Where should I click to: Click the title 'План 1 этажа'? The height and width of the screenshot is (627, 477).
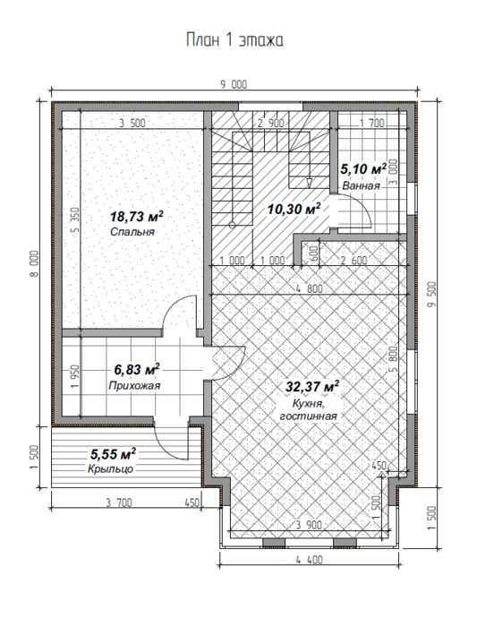click(x=234, y=40)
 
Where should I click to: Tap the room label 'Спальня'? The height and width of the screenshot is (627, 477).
click(x=132, y=232)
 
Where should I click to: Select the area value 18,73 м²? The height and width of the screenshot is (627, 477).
click(x=137, y=217)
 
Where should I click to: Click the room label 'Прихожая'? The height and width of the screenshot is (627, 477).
click(x=134, y=385)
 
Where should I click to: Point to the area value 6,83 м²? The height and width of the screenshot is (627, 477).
click(x=137, y=369)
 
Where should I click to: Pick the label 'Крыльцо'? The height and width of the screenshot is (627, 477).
click(x=110, y=468)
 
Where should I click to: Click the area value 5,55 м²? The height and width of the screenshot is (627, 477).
click(x=113, y=454)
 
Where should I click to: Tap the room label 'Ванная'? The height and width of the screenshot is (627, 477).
click(x=361, y=185)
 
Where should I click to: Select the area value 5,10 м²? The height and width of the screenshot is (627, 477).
click(x=363, y=168)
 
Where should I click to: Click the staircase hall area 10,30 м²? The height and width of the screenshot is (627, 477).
click(x=294, y=209)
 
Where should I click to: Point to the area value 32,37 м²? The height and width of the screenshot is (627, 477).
click(x=312, y=387)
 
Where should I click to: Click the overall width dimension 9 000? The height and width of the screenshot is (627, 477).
click(x=234, y=84)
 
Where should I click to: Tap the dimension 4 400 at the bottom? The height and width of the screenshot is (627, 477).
click(x=310, y=560)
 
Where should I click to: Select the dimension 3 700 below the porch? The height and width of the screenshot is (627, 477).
click(x=119, y=502)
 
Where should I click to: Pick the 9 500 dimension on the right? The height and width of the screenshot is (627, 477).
click(x=432, y=295)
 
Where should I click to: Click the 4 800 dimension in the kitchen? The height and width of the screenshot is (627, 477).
click(x=310, y=288)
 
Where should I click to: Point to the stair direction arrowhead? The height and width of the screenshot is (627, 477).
click(x=310, y=183)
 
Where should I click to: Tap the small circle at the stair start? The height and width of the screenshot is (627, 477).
click(x=232, y=225)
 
